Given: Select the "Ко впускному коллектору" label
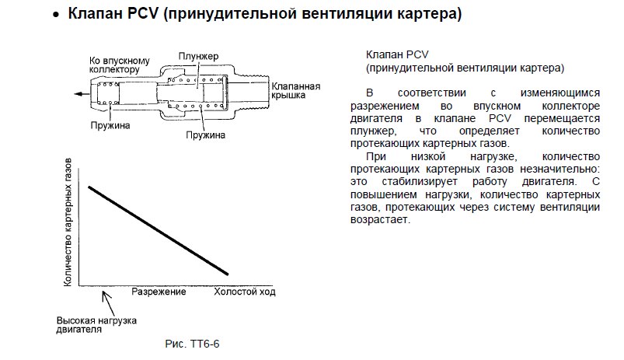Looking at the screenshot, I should pyautogui.click(x=118, y=64).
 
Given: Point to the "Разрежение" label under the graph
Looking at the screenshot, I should pyautogui.click(x=158, y=292).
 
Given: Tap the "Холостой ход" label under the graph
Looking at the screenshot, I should pyautogui.click(x=245, y=292).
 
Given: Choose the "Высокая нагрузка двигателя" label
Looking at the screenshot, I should pyautogui.click(x=98, y=324).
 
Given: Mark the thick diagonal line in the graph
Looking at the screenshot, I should pyautogui.click(x=158, y=230).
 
